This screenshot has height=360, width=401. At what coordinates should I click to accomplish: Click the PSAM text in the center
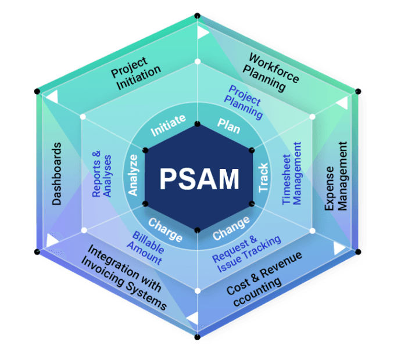pyautogui.click(x=199, y=179)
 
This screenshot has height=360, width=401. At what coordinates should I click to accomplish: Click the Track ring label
pyautogui.click(x=263, y=178)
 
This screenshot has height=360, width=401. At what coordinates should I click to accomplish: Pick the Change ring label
pyautogui.click(x=231, y=229)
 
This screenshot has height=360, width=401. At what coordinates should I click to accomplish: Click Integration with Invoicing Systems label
pyautogui.click(x=126, y=278)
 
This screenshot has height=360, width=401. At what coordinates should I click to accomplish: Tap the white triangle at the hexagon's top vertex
pyautogui.click(x=201, y=31)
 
